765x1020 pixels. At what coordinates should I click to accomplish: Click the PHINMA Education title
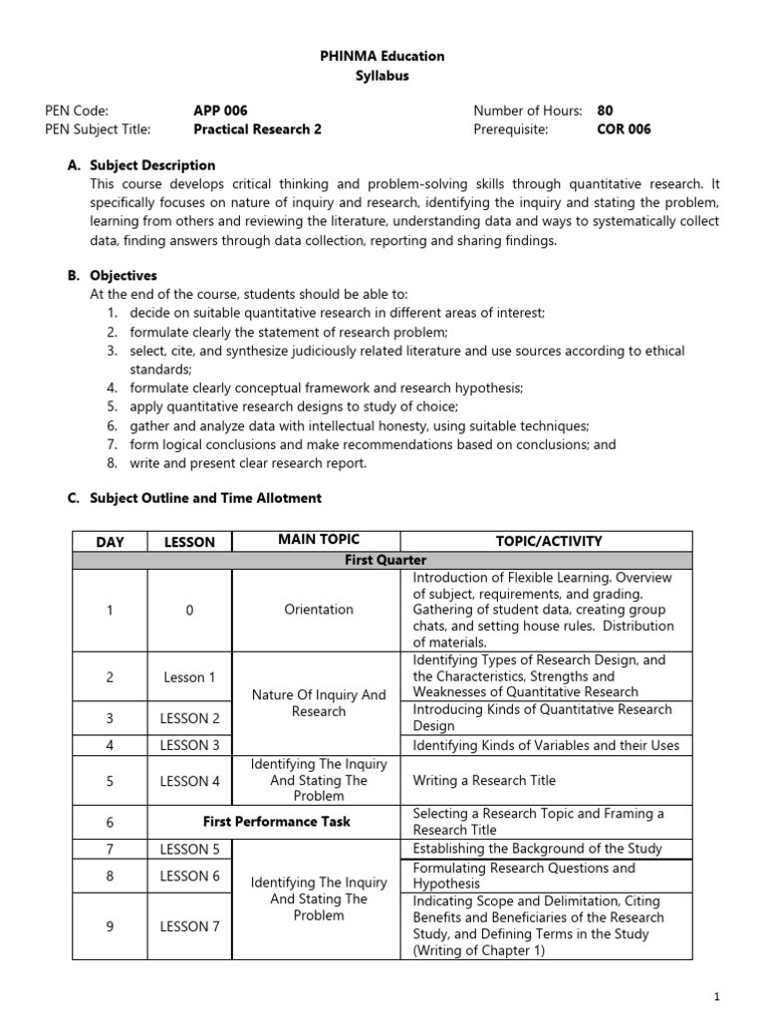[x=382, y=56]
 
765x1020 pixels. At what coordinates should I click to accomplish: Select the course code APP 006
[x=220, y=111]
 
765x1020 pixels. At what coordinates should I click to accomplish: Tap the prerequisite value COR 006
[x=624, y=129]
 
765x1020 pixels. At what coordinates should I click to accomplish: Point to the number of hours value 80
[x=606, y=111]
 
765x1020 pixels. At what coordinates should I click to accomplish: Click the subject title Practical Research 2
[x=257, y=129]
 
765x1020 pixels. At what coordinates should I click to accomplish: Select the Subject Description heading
[x=152, y=165]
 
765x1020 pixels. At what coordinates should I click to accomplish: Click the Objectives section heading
[x=124, y=275]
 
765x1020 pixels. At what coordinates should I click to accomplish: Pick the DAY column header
[x=110, y=542]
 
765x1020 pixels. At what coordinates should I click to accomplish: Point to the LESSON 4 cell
[x=189, y=781]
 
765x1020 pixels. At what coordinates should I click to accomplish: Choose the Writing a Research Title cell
[x=484, y=781]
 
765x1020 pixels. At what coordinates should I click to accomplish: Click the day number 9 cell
[x=110, y=926]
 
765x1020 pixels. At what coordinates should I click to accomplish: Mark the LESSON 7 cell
[x=189, y=926]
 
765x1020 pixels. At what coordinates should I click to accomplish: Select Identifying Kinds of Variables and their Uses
[x=546, y=745]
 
